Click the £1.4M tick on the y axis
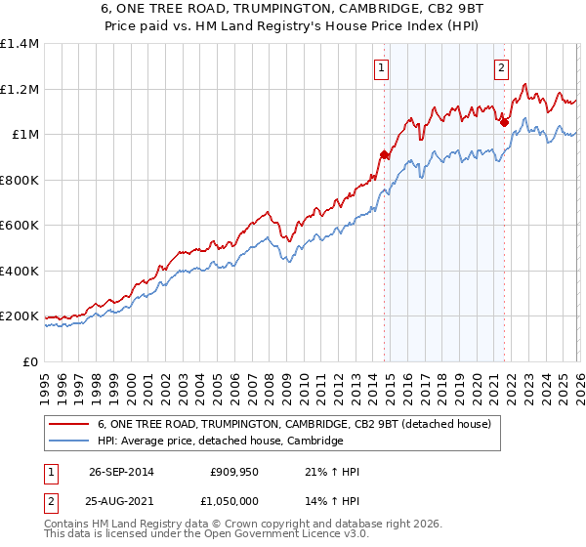tap(20, 44)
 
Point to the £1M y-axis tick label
tap(24, 135)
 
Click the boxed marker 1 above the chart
tap(380, 68)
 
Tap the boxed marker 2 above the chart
tap(501, 68)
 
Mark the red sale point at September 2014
tap(384, 154)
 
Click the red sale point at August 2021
tap(504, 122)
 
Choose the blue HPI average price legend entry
tap(220, 442)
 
